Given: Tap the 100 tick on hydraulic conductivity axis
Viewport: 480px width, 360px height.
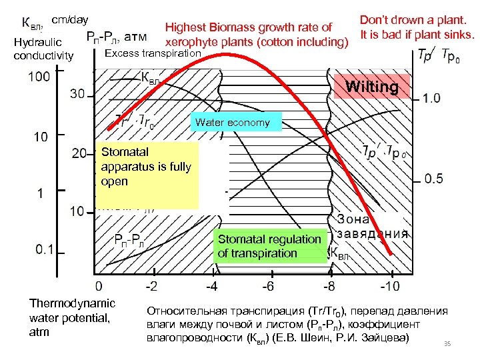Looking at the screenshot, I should click(39, 76).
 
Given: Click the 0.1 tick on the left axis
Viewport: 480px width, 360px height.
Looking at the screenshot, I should click(45, 249).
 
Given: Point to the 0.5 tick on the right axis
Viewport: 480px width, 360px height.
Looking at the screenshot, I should click(433, 179).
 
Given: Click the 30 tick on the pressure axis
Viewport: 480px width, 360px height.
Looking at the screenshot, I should click(78, 95).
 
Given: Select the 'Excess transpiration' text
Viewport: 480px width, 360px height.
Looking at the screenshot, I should click(153, 53).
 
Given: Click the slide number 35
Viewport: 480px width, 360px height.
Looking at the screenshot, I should click(447, 344).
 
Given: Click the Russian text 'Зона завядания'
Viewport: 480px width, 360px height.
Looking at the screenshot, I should click(372, 226).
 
